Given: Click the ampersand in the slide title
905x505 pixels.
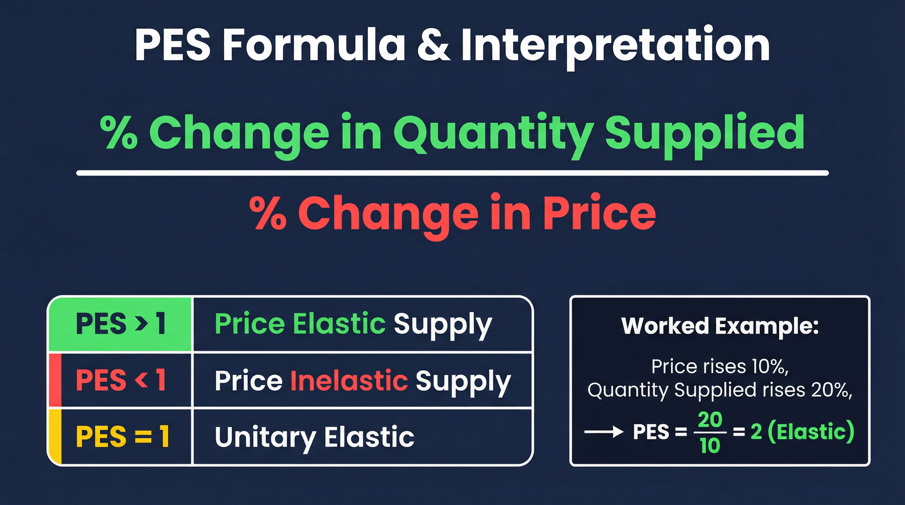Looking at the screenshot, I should point(433,46).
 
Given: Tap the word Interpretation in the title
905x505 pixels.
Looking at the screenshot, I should point(615,46).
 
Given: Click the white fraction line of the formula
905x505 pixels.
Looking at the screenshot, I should point(452,173).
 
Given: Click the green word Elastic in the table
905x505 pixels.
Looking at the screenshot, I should point(339,324).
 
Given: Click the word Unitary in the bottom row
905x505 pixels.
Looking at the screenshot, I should point(265,437).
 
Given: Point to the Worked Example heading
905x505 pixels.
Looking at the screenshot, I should point(720,326).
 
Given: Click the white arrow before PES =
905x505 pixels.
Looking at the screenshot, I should point(603,432).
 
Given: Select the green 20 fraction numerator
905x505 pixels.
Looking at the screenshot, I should point(710,419).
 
